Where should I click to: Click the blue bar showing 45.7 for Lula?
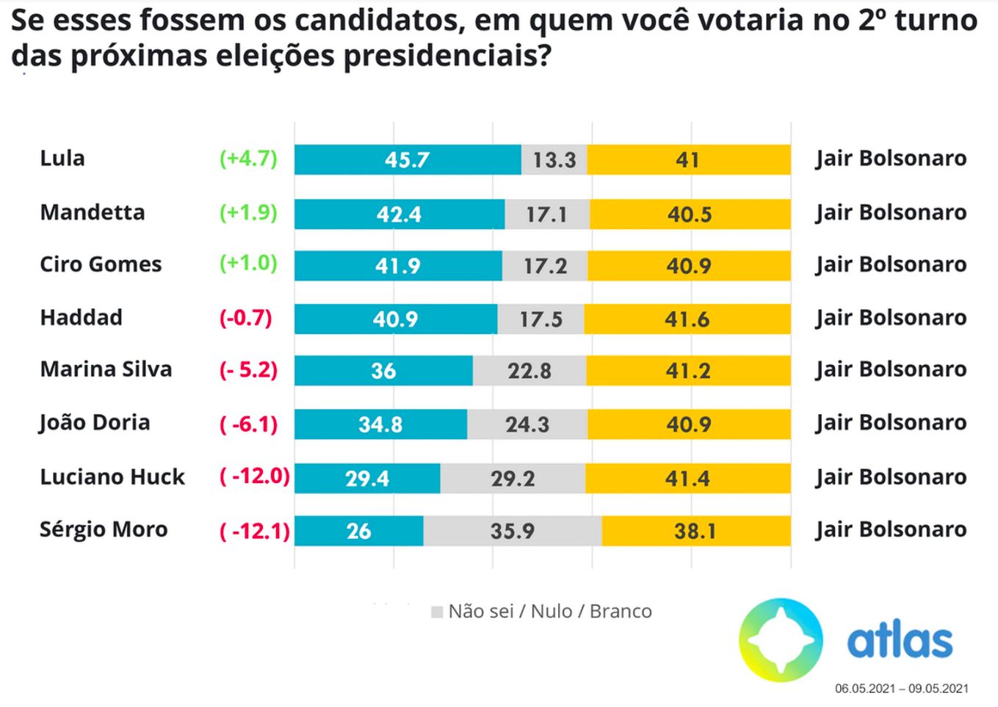coord(408,159)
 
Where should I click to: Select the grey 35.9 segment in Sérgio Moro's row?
coord(513,531)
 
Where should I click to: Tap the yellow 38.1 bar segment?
coord(695,531)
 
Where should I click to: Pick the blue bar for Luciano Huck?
coord(367,478)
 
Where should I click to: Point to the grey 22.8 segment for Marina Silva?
coord(529,371)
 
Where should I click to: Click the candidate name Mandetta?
coord(93,212)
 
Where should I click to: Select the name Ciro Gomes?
coord(101,264)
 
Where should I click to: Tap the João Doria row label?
coord(95,423)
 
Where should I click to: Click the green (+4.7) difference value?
coord(248,159)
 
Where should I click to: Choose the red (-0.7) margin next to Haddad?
coord(245,318)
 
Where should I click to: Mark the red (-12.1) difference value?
coord(255,530)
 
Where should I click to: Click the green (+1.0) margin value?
coord(248,264)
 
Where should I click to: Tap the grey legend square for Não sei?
coord(437,612)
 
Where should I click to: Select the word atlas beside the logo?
coord(900,642)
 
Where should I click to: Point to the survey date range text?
coord(901,689)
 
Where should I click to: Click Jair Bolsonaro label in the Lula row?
coord(890,159)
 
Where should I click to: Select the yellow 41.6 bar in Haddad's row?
coord(688,319)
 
